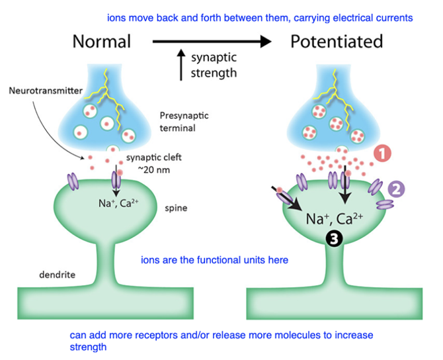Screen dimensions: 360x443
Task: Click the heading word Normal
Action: click(101, 42)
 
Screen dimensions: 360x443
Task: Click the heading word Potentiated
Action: click(337, 42)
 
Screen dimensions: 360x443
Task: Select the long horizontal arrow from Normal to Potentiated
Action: click(212, 42)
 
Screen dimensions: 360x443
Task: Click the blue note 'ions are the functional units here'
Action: click(214, 260)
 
